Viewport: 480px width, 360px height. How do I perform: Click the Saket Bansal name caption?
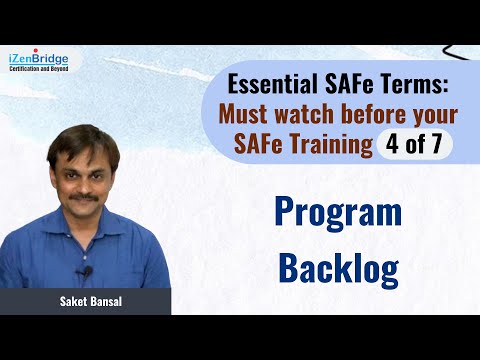86,301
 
